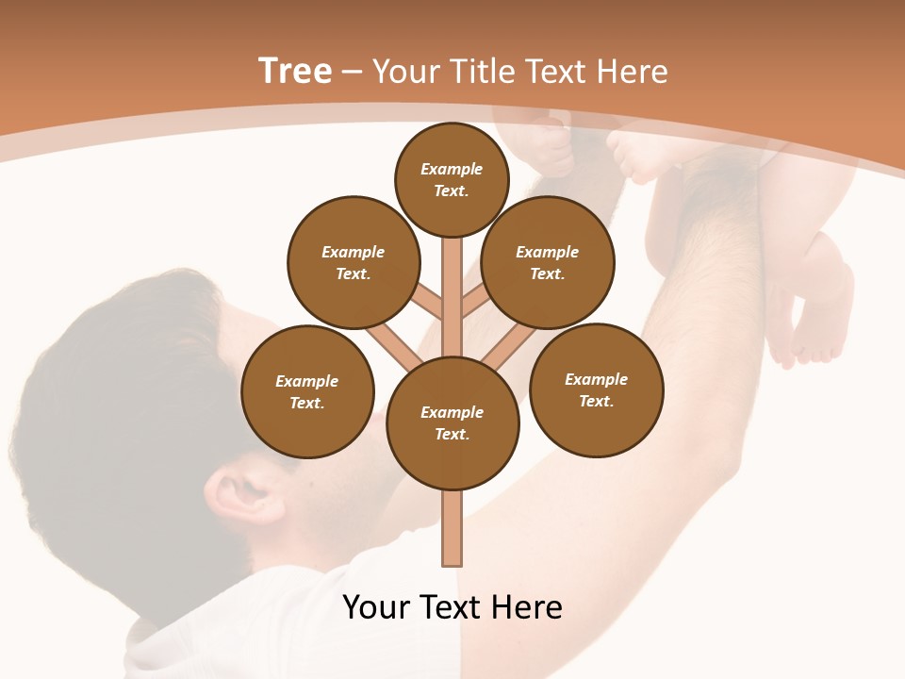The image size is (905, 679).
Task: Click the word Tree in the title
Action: (x=295, y=72)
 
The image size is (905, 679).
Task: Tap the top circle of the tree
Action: (x=452, y=179)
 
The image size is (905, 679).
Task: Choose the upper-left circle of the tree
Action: (x=354, y=263)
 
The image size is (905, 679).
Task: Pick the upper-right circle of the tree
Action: (x=548, y=263)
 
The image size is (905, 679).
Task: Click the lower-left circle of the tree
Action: (x=307, y=392)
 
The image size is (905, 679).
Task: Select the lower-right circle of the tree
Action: (x=596, y=390)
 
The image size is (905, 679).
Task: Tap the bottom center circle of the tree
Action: (x=452, y=423)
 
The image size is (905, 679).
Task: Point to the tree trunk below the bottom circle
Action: (x=452, y=528)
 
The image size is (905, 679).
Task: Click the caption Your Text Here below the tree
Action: (x=452, y=607)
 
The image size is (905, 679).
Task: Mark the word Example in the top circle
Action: (x=452, y=169)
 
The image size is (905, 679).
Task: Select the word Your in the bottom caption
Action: (x=377, y=607)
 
